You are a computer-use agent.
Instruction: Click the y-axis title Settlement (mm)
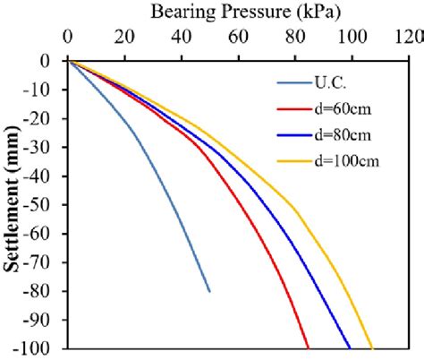coord(13,204)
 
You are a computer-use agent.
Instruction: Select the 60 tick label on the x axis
coord(239,38)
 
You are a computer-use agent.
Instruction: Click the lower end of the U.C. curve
coord(209,290)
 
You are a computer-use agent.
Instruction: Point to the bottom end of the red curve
coord(308,347)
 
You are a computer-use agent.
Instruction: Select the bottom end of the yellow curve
coord(371,347)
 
